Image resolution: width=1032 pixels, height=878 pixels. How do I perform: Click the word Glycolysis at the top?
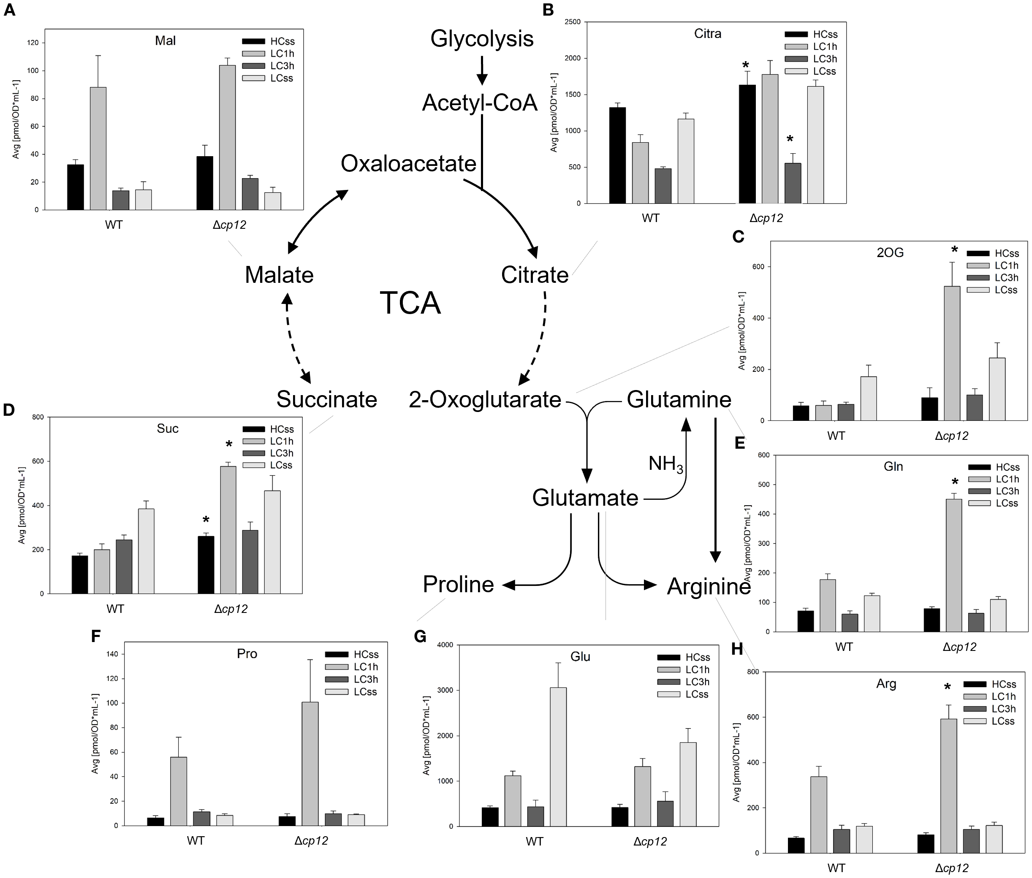(481, 39)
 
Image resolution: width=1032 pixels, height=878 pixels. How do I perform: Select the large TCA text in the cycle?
(410, 303)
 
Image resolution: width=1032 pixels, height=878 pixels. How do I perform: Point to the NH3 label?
(665, 464)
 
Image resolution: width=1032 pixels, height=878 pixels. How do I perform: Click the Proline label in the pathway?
(458, 584)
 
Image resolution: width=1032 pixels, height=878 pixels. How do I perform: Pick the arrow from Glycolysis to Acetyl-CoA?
(481, 70)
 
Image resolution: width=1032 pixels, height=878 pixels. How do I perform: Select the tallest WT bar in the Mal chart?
(98, 148)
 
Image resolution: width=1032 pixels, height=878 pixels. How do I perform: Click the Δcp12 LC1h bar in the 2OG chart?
(952, 353)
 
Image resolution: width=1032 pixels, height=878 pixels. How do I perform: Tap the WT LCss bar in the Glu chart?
(558, 756)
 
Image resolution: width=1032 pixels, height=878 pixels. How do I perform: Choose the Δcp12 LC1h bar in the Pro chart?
(310, 764)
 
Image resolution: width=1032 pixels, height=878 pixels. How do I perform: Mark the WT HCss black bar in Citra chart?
(617, 155)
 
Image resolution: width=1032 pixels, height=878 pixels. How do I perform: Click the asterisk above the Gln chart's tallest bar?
(954, 481)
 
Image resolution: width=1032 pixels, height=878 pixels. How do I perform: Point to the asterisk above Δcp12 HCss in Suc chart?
(206, 520)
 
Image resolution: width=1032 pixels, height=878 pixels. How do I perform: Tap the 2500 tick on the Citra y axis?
(573, 22)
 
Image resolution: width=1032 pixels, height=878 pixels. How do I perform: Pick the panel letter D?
(8, 409)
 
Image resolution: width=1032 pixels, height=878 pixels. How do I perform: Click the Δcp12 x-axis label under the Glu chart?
(650, 841)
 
